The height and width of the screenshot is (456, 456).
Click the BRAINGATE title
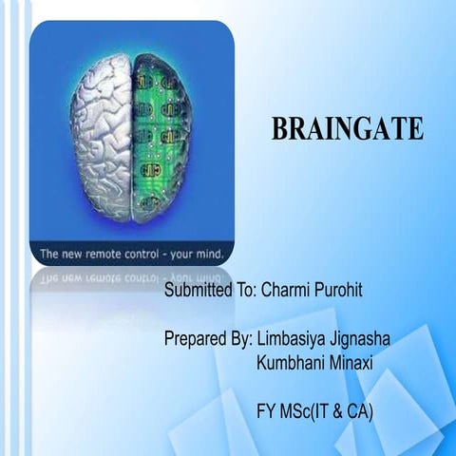point(347,129)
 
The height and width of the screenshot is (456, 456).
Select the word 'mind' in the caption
point(215,254)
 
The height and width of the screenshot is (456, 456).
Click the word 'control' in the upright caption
point(152,254)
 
